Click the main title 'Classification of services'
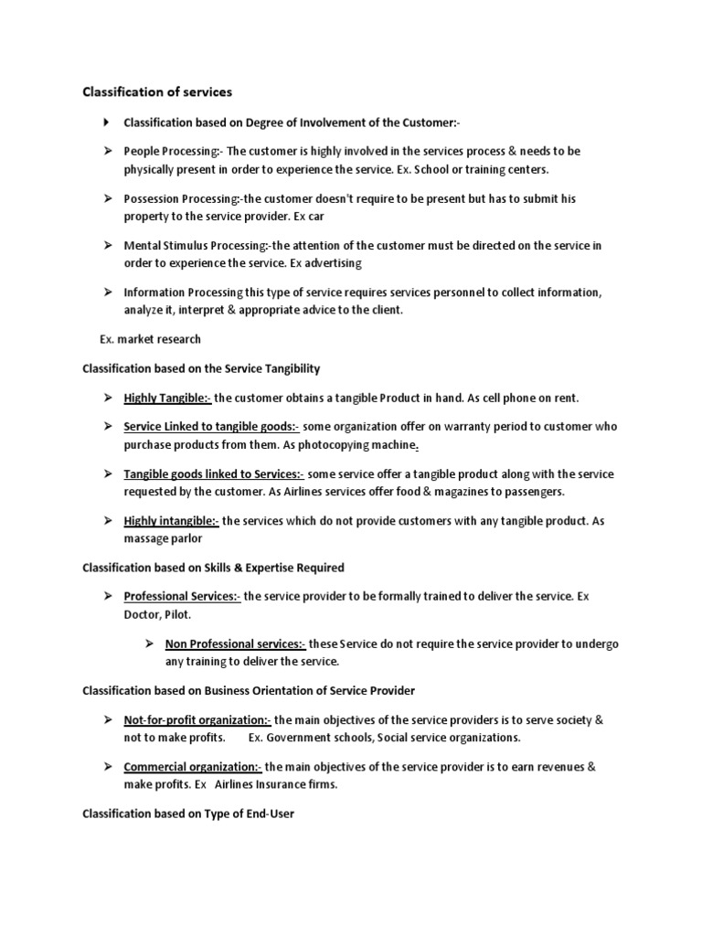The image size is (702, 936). [157, 92]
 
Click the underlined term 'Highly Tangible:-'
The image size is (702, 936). [167, 398]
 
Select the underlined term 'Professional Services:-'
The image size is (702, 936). [182, 596]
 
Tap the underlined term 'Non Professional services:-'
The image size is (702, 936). [236, 643]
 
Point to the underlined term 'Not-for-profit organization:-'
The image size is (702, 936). [197, 720]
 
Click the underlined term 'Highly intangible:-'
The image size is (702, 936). [171, 521]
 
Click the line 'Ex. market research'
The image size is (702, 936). [150, 339]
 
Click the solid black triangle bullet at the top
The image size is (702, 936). [106, 122]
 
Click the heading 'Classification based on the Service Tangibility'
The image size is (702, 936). [201, 368]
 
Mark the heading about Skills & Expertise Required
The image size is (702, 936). [213, 568]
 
